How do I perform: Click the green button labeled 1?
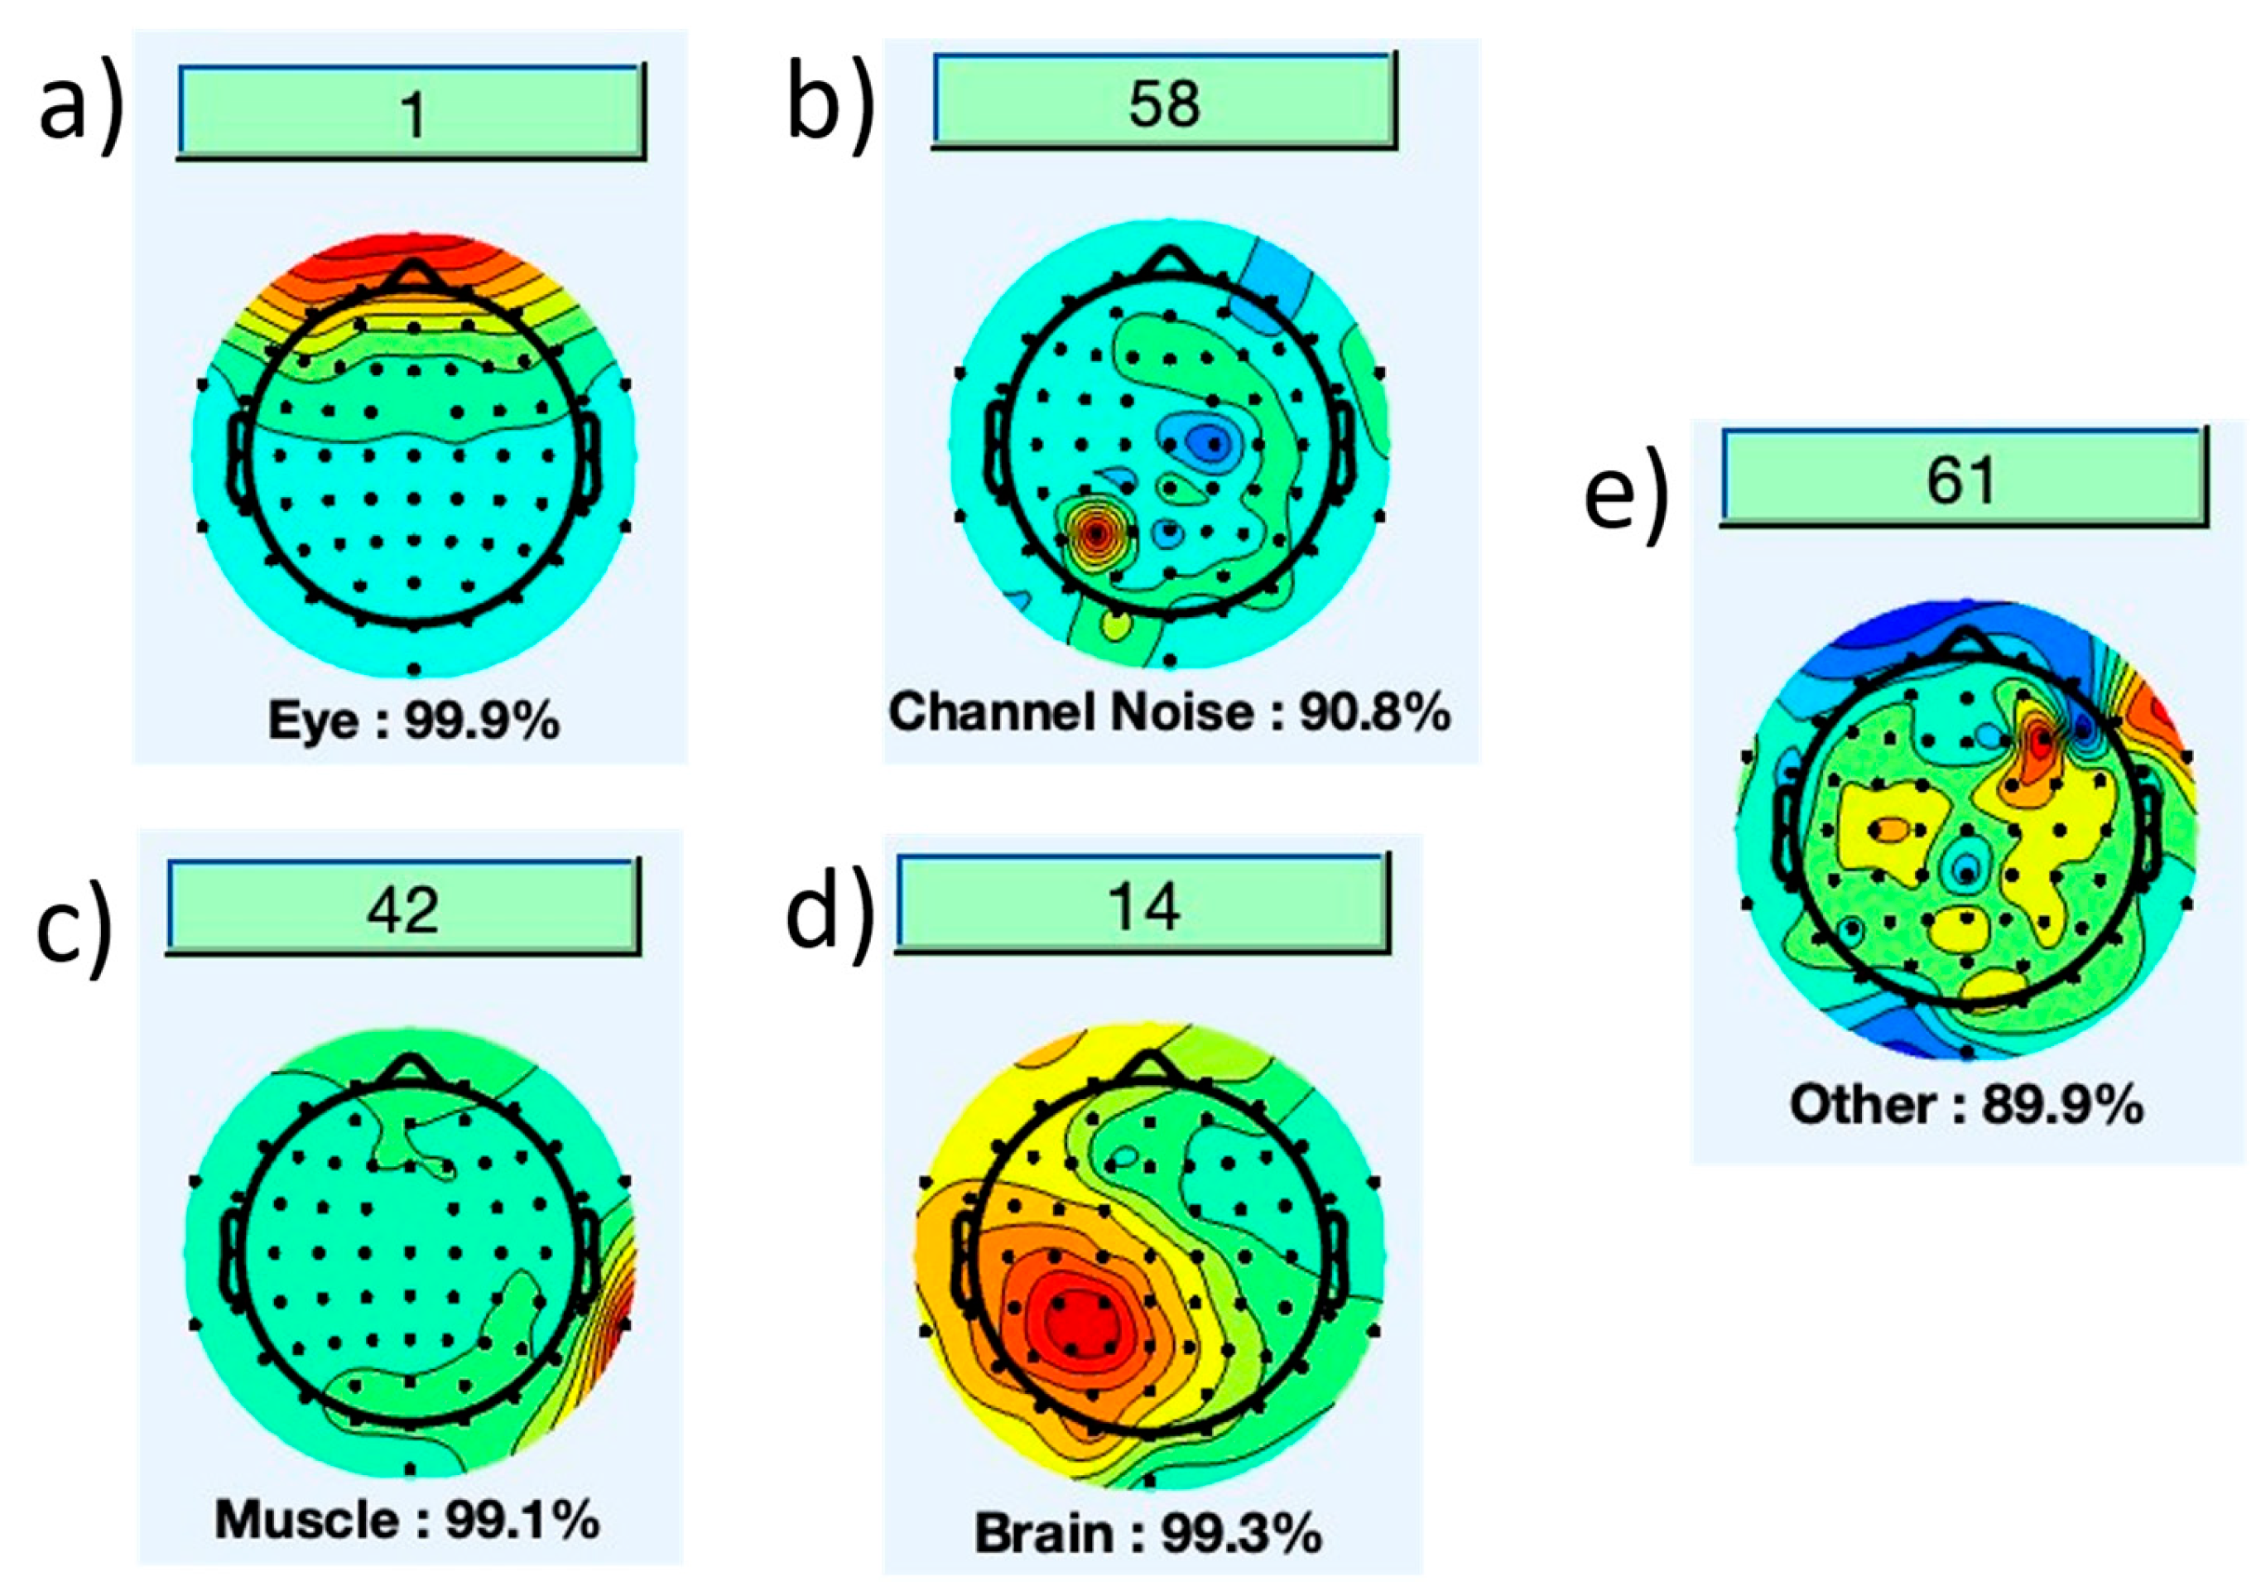(x=411, y=111)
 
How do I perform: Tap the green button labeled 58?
(x=1163, y=101)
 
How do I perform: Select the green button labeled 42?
(x=403, y=907)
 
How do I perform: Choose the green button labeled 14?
(x=1142, y=904)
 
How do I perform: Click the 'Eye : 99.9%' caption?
(x=414, y=722)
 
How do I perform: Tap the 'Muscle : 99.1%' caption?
(x=406, y=1521)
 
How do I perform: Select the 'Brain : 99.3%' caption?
(x=1147, y=1533)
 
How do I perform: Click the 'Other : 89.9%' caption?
(x=1965, y=1105)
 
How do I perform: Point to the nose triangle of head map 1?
(x=414, y=275)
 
